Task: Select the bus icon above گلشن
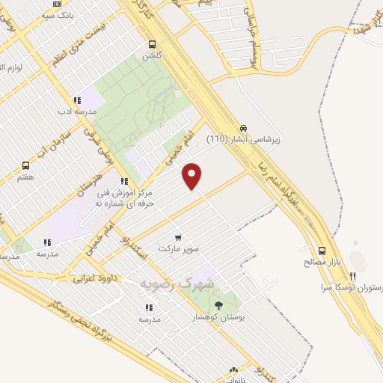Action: [153, 44]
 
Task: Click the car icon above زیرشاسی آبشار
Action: [244, 127]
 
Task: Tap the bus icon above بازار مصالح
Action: [322, 251]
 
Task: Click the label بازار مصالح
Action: [322, 263]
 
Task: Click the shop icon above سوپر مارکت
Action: [177, 236]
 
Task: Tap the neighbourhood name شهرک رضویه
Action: [177, 284]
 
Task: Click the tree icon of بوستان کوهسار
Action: [218, 304]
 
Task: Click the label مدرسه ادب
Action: [76, 111]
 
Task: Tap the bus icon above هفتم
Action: [26, 166]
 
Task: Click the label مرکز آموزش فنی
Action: [123, 193]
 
